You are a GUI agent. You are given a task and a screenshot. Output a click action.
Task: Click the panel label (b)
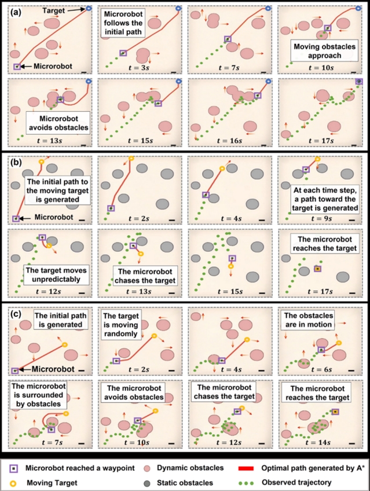pos(16,163)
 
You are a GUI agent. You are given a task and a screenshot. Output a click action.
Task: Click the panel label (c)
pos(16,313)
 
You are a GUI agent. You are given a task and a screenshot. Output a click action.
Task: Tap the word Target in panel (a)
pos(53,10)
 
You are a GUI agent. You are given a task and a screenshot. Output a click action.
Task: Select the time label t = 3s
pos(138,67)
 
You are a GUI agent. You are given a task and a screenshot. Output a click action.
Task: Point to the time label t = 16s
pos(229,141)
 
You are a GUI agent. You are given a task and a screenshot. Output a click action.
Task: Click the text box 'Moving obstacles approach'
pos(324,51)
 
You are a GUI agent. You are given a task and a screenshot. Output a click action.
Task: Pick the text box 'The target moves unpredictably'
pos(56,274)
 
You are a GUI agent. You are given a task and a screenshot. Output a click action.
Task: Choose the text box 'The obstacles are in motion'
pos(308,320)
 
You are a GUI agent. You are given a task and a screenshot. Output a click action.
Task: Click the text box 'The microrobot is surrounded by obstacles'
pos(38,395)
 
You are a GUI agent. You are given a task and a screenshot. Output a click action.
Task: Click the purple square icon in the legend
pos(14,468)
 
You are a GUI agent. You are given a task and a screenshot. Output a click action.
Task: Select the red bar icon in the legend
pos(246,468)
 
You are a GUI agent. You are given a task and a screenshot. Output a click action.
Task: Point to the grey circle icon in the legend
pos(146,483)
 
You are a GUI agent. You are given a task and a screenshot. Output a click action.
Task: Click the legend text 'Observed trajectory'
pos(296,482)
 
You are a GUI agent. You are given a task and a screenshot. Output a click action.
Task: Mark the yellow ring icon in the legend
pos(14,483)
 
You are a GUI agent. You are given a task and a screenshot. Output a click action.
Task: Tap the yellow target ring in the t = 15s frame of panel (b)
pos(230,266)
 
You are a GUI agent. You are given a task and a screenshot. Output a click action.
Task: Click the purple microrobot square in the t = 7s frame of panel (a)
pos(228,39)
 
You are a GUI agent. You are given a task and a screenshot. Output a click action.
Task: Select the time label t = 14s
pos(318,442)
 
